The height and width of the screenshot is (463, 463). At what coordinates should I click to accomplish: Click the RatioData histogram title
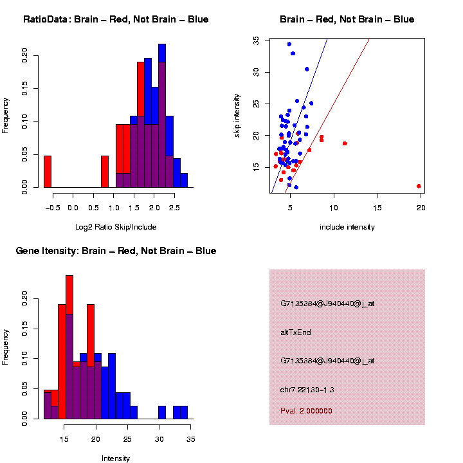click(116, 19)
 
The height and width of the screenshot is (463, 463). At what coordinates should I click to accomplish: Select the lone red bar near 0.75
click(105, 174)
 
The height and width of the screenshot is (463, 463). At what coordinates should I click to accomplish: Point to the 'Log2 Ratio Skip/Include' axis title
click(116, 227)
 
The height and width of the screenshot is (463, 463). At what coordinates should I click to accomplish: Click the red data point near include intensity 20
click(419, 186)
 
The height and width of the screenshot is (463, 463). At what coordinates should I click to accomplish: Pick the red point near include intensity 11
click(345, 143)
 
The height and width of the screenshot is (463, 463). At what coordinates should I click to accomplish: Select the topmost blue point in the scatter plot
click(289, 44)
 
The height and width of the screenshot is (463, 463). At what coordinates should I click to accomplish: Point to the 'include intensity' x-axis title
click(347, 227)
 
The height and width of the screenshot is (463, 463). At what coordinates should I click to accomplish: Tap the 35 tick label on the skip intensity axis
click(255, 41)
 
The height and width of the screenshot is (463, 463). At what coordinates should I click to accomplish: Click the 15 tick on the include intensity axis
click(377, 208)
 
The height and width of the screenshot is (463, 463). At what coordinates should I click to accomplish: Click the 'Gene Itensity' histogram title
click(116, 251)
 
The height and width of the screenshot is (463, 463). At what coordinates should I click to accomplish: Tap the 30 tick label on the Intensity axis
click(159, 439)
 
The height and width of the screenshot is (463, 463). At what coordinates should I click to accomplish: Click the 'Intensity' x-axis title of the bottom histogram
click(116, 458)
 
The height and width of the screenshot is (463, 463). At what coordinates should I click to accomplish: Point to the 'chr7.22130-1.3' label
click(307, 390)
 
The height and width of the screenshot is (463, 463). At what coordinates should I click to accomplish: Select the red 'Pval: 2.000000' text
click(306, 411)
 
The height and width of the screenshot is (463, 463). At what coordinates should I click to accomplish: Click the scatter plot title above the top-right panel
click(347, 19)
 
